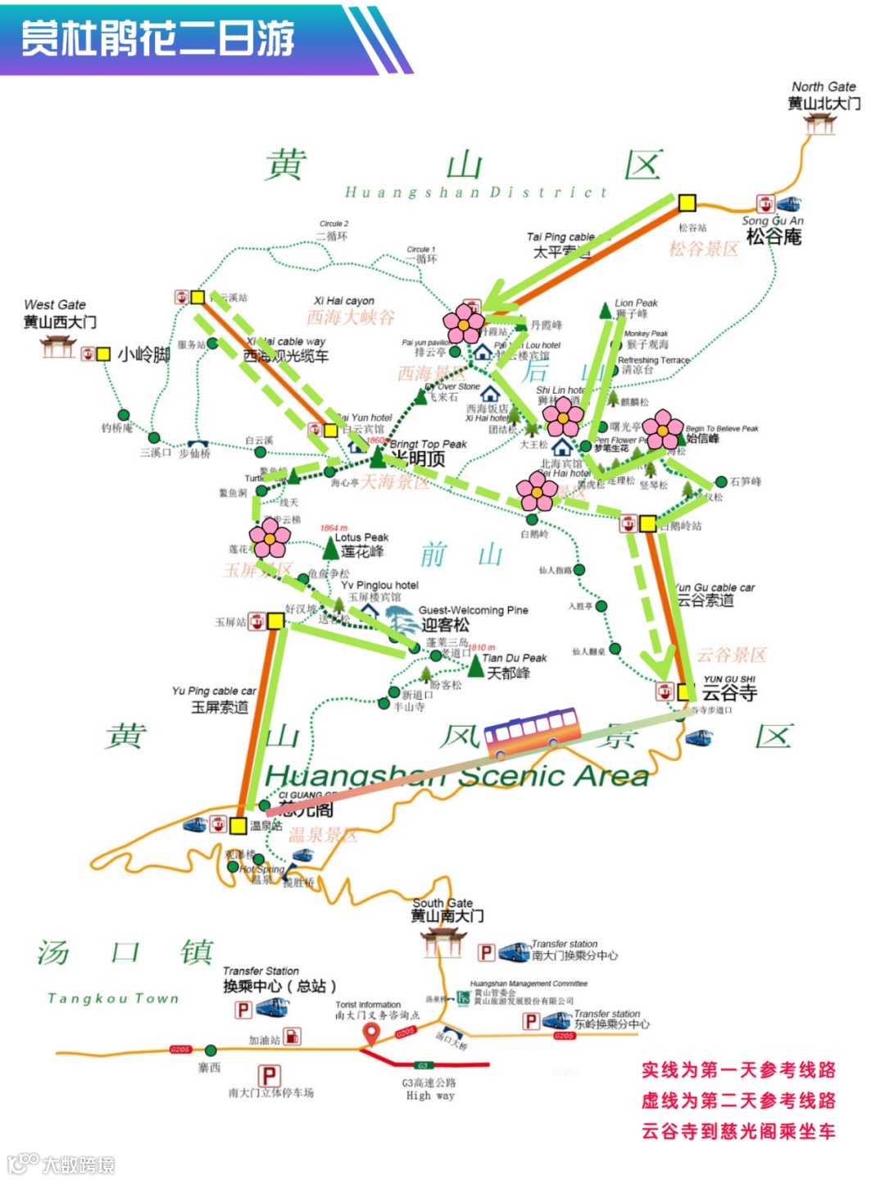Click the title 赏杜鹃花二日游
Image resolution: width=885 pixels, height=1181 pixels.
157,39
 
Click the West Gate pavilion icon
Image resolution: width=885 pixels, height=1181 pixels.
58,348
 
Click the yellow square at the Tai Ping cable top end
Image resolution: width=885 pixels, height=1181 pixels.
687,203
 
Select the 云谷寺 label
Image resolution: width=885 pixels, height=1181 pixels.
729,693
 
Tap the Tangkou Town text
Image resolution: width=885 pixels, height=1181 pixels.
113,998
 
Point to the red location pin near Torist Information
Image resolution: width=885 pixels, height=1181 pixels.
370,1035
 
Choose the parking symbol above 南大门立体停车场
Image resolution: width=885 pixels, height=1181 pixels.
270,1075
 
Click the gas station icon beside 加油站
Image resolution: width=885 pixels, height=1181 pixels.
292,1037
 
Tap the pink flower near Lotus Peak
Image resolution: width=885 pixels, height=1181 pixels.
270,538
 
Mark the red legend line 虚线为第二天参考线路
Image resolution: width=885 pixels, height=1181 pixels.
737,1101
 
